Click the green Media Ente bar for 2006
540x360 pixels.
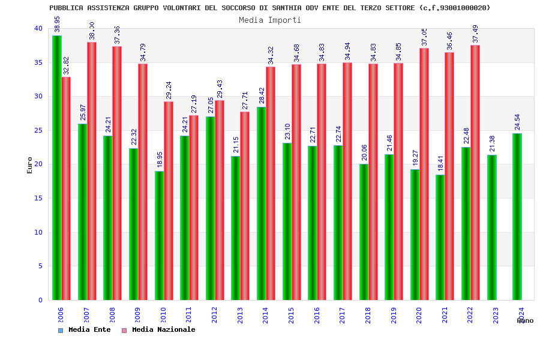click(56, 168)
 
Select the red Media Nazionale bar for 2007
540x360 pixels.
click(92, 171)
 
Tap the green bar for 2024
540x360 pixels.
click(517, 217)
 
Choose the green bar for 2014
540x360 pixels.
click(262, 203)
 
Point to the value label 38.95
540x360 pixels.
click(57, 25)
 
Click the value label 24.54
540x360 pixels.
click(518, 122)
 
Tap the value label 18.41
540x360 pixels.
click(441, 163)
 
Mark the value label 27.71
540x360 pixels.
click(245, 100)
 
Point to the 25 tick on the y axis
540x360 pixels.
click(38, 130)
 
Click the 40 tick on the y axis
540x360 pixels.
click(38, 28)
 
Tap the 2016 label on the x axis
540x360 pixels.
click(317, 316)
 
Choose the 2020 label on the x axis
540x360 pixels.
click(419, 316)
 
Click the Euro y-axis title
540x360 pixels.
click(29, 165)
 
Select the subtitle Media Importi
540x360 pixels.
click(270, 20)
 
